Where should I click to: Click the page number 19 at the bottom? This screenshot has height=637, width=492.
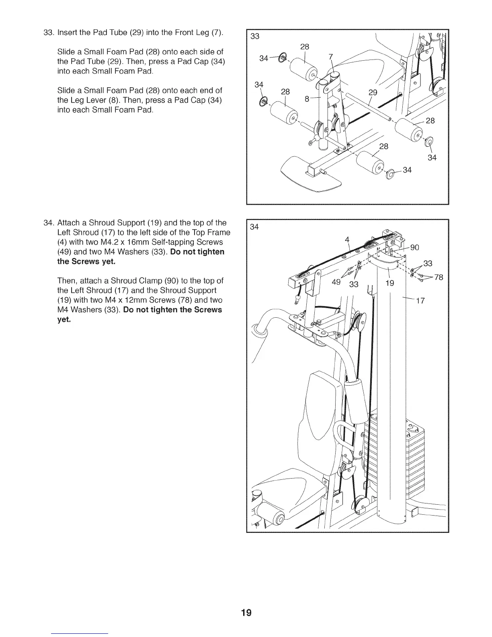point(246,612)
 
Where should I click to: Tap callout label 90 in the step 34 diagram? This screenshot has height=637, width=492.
point(414,247)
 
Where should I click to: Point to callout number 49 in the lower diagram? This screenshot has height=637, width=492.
point(337,282)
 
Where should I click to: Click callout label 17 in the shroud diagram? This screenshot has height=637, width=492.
point(420,301)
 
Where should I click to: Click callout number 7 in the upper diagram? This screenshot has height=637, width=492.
point(307,99)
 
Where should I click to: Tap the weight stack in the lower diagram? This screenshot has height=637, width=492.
point(414,462)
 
